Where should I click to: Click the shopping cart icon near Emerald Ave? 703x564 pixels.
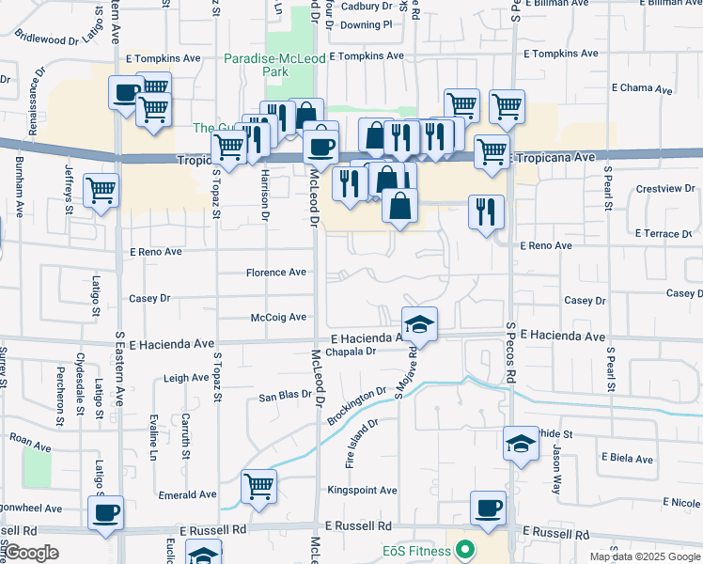pos(258,487)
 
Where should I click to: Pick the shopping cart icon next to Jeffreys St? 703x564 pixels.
pos(101,191)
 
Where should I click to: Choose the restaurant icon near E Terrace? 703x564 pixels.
pos(486,211)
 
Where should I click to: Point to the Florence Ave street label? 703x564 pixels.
pos(276,273)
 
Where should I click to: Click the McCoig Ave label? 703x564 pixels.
pos(279,318)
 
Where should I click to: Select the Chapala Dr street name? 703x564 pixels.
pos(351,351)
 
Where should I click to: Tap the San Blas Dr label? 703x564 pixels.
pos(285,396)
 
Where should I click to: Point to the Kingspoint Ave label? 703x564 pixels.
pos(362,490)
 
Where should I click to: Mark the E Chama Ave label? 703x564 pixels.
pos(642,89)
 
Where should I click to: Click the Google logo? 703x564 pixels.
pos(32,553)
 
